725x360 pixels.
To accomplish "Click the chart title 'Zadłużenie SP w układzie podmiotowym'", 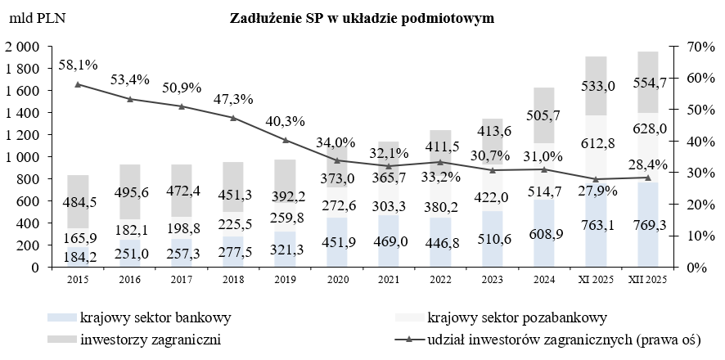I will click(362, 17).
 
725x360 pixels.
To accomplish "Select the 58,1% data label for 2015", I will click(78, 63).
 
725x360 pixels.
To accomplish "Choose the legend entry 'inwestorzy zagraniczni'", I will click(152, 338).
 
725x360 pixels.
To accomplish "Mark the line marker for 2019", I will click(286, 140).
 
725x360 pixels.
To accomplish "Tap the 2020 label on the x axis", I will click(337, 279).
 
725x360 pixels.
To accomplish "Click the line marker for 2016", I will click(130, 99).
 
